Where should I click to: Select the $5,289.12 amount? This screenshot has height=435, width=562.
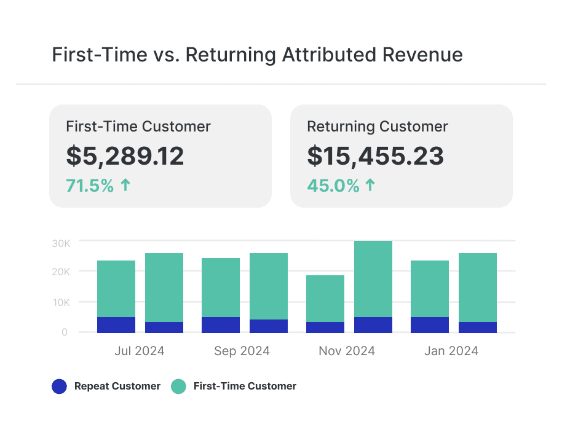125,156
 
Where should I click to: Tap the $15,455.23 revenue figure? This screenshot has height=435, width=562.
375,156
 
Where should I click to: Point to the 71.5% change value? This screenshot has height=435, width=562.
90,186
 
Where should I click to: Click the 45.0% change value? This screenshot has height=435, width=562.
333,186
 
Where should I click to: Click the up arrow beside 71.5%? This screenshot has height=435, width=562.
125,185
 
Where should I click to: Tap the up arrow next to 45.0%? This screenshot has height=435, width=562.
370,185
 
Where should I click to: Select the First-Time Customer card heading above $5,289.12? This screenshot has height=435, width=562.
138,127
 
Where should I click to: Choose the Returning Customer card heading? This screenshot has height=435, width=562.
378,127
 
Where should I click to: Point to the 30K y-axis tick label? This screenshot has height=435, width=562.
61,243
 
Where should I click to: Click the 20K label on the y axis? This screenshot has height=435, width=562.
61,272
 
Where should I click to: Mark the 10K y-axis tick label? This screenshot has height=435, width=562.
61,302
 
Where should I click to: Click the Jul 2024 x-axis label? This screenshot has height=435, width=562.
140,351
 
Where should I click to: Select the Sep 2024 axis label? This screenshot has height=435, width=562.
242,351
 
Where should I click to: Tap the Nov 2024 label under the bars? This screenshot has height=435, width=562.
347,351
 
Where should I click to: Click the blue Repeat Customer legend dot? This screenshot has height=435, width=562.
59,386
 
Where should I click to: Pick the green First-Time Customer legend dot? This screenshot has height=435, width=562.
178,386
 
